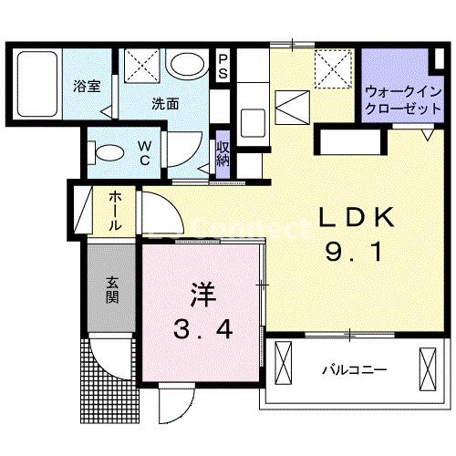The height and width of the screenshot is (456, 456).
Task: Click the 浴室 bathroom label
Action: click(87, 88)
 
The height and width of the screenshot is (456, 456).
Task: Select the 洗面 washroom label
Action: click(165, 104)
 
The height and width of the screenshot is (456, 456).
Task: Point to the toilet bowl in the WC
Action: click(107, 150)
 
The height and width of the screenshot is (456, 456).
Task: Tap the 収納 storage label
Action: click(223, 155)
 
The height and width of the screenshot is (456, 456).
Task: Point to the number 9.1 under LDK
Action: click(357, 253)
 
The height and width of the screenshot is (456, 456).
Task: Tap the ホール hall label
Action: click(117, 210)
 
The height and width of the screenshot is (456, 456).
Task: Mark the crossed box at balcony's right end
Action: click(429, 367)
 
